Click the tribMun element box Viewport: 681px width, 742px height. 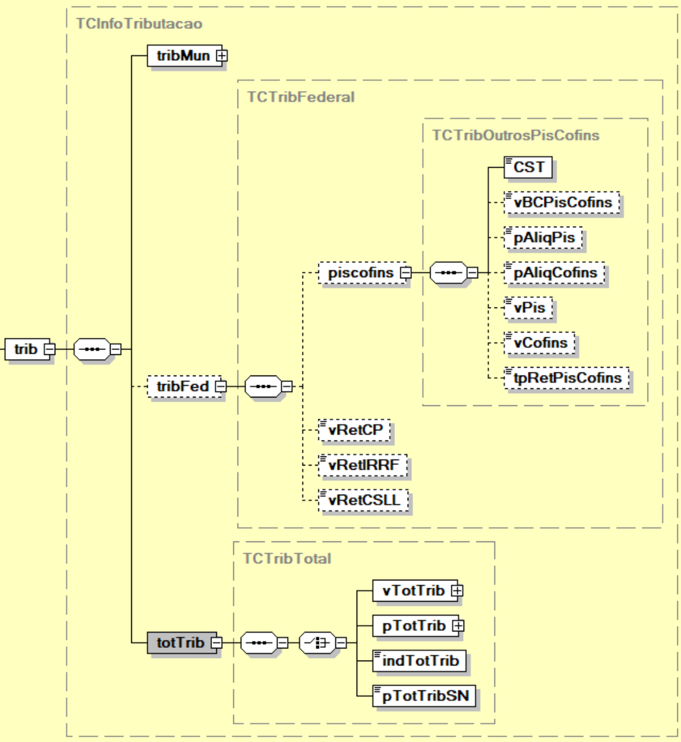coord(182,56)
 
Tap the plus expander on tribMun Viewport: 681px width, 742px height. coord(222,56)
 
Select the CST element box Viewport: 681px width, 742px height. coord(528,167)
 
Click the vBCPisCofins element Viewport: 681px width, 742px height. coord(562,202)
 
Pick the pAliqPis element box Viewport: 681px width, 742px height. coord(543,238)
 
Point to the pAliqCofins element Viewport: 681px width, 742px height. coord(555,273)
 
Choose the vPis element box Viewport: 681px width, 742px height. coord(529,307)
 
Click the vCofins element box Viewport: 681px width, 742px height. coord(539,343)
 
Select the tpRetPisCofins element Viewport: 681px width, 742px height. coord(567,378)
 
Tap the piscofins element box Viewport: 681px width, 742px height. coord(360,273)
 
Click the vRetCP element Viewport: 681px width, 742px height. coord(355,430)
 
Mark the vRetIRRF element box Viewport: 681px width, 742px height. coord(363,465)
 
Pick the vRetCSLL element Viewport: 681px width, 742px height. coord(363,501)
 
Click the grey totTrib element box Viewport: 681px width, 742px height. coord(180,642)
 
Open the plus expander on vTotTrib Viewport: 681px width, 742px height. coord(457,591)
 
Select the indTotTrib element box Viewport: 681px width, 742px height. coord(419,661)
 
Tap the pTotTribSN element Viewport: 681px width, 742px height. coord(424,696)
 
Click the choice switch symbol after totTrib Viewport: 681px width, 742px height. coord(317,642)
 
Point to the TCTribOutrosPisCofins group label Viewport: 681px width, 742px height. coord(515,135)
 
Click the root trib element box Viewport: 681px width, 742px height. coord(26,349)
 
